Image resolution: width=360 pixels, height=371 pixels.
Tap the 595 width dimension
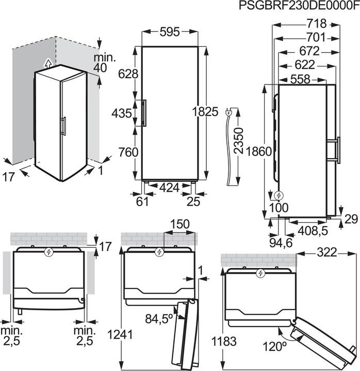(169, 32)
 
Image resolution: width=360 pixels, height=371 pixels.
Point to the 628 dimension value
(128, 74)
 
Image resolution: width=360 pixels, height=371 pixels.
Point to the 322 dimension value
(327, 252)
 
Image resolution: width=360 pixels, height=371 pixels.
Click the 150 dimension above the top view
(178, 224)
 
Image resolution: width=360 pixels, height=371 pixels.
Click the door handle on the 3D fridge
(63, 126)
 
